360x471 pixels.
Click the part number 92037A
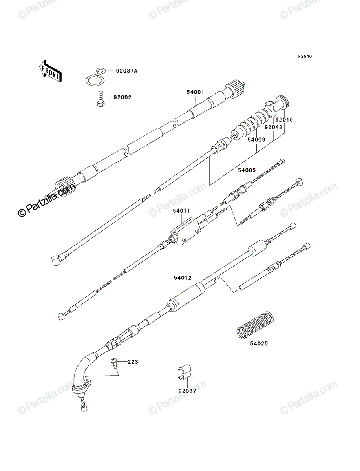[x=126, y=71]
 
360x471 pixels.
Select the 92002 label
[x=122, y=97]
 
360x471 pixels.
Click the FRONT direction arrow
[x=50, y=71]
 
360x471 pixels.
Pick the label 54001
[x=195, y=92]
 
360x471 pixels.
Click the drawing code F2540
[x=305, y=57]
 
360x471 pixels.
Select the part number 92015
[x=284, y=120]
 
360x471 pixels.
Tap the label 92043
[x=273, y=127]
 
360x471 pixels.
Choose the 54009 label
[x=256, y=139]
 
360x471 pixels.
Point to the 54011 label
[x=182, y=211]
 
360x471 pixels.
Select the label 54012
[x=183, y=278]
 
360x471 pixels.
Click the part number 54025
[x=259, y=344]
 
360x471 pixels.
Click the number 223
[x=133, y=362]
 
